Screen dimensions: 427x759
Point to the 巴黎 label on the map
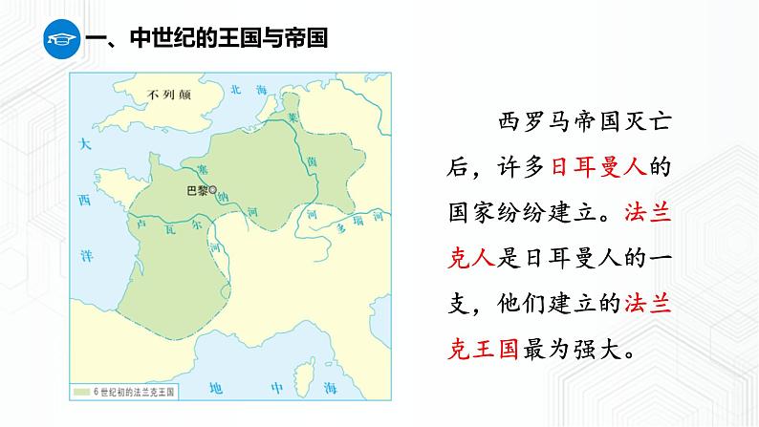pos(196,191)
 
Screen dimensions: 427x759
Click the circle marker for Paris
pos(212,190)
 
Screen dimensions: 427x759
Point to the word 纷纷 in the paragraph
pos(525,212)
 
